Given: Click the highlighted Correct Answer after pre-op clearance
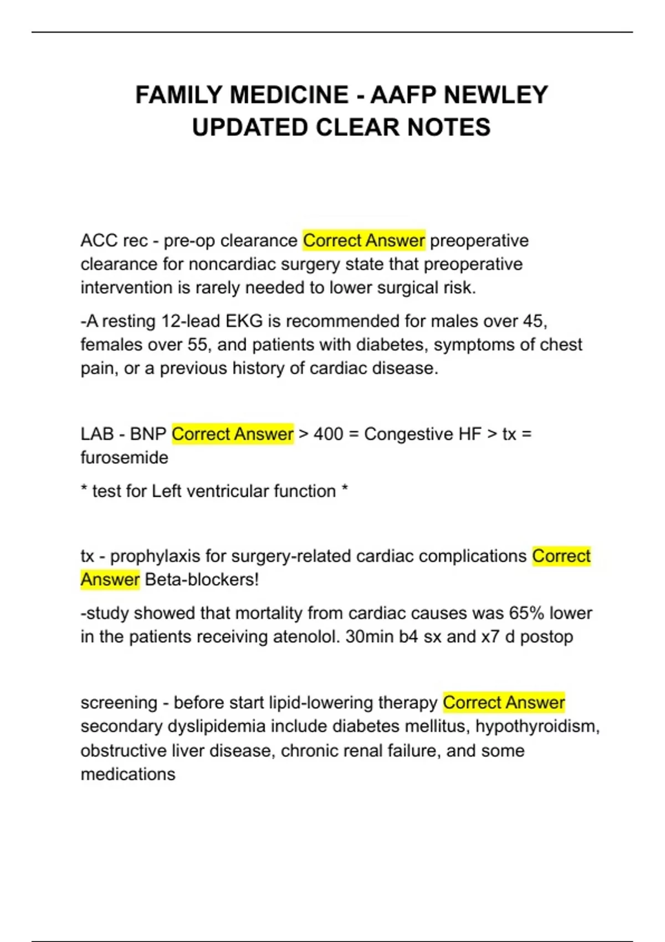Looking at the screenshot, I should pos(364,240).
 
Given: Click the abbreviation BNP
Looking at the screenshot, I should pos(148,434).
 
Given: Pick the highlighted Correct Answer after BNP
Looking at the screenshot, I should pos(232,434).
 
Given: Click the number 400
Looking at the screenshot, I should pos(328,434).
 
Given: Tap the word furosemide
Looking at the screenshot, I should pos(124,458).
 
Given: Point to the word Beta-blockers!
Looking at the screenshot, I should pos(202,580).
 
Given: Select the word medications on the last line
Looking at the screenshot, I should pos(128,774).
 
